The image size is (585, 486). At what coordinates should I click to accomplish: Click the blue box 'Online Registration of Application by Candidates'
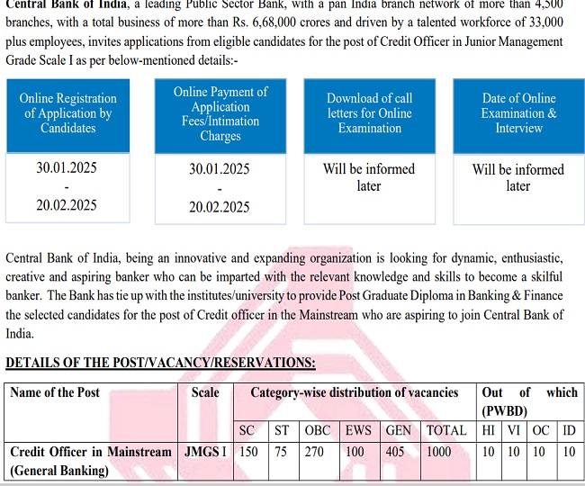point(68,113)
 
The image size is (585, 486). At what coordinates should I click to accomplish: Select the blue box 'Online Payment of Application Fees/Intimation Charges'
point(220,113)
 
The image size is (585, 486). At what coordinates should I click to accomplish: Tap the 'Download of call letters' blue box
point(370,113)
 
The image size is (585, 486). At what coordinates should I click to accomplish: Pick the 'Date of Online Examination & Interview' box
point(518,113)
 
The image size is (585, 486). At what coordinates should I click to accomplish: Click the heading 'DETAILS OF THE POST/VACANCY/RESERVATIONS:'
point(160,363)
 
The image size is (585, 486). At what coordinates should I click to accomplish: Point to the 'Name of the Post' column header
point(55,392)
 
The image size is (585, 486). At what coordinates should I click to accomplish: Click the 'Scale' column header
point(205,392)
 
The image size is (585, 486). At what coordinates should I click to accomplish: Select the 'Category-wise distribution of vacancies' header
point(354,392)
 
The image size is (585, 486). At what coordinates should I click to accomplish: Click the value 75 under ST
point(281,452)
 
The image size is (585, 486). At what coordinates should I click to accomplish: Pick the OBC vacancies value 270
point(314,452)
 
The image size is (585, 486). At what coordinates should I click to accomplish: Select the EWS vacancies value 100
point(357,452)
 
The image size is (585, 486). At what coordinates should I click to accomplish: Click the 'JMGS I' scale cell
point(205,452)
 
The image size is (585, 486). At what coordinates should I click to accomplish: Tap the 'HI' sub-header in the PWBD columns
point(488,430)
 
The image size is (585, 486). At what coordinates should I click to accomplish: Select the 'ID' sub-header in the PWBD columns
point(569,430)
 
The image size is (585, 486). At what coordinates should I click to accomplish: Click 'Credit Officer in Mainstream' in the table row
point(90,452)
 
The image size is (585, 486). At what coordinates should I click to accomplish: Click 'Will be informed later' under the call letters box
point(369,177)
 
